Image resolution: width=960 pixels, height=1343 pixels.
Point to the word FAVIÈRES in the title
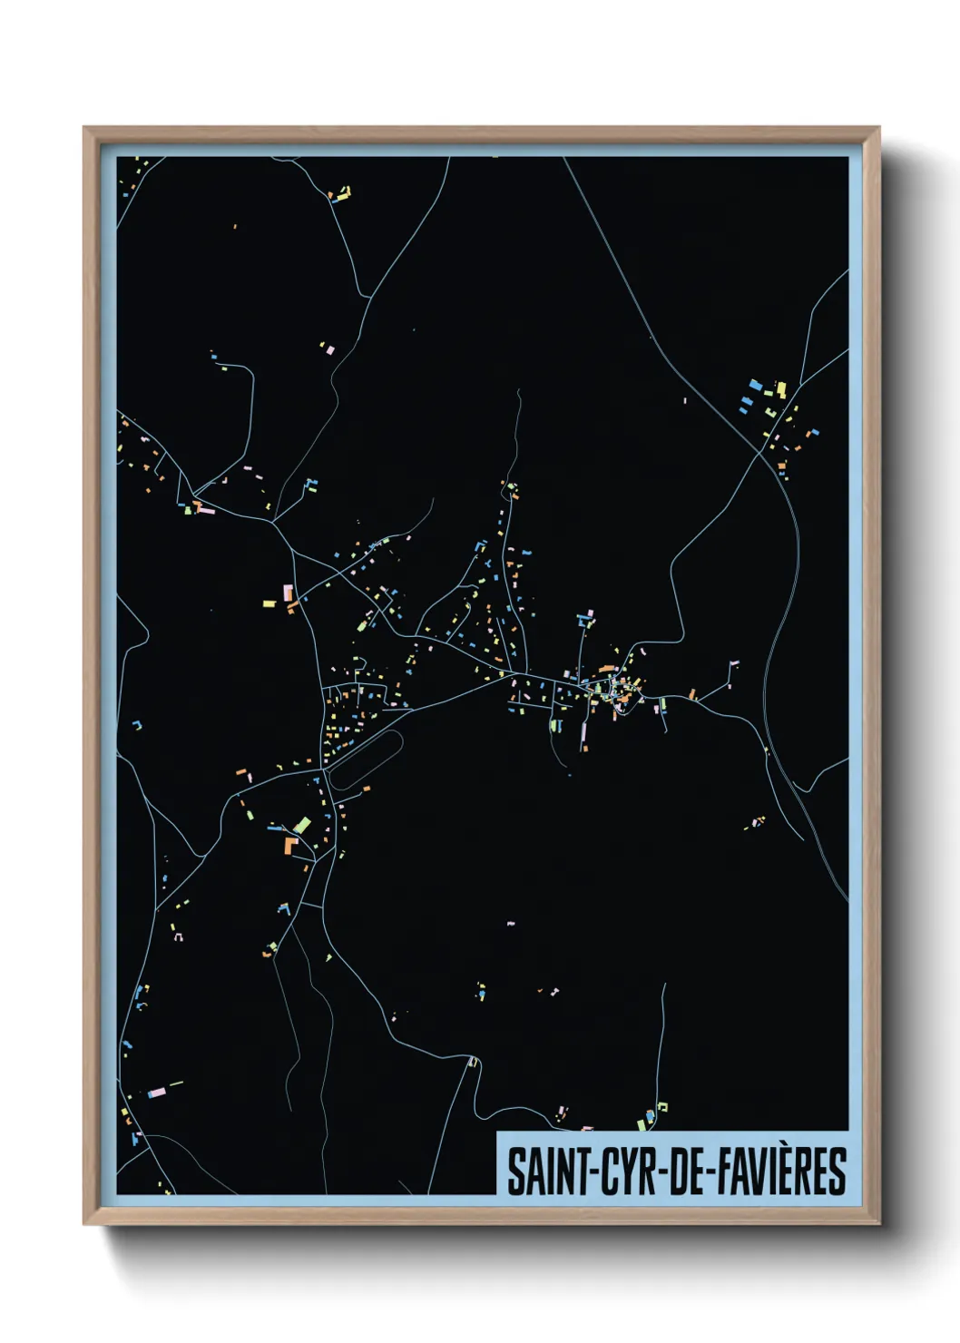coord(782,1171)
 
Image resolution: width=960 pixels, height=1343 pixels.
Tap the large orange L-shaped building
coord(290,846)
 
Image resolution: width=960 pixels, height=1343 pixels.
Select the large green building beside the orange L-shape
coord(302,825)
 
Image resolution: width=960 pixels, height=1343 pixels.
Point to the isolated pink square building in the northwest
coord(330,348)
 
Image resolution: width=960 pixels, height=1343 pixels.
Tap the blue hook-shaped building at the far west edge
coord(137,725)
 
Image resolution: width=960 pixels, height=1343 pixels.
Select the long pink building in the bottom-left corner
coord(156,1093)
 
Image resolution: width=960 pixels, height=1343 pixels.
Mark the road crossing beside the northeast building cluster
coord(760,451)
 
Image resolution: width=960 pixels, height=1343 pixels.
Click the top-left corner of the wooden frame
coord(84,128)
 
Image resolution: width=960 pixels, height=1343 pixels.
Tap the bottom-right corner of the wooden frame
coord(878,1223)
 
